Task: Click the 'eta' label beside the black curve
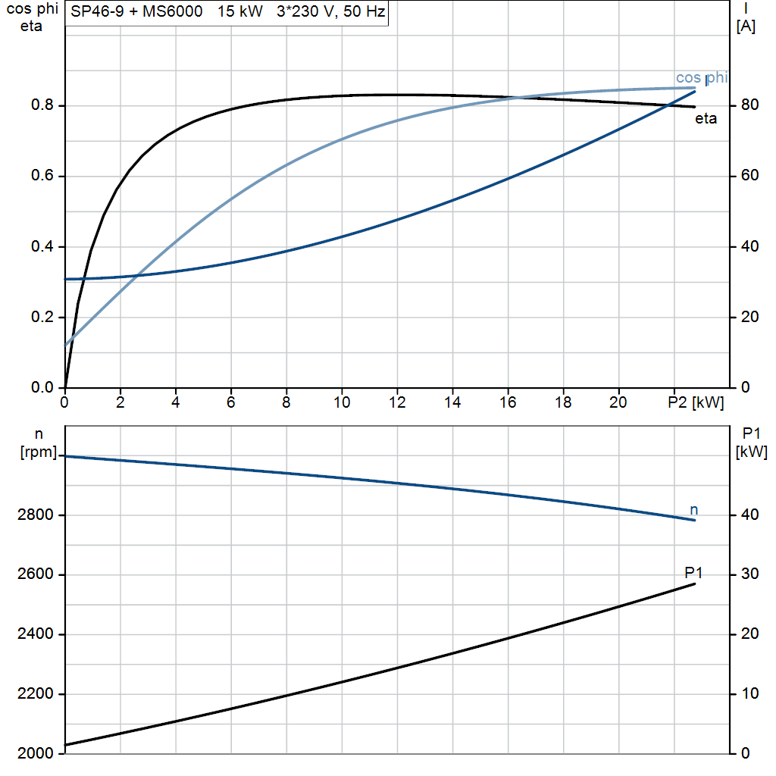point(706,119)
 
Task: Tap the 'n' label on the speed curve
point(693,509)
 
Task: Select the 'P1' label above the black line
point(693,571)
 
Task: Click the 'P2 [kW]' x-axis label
point(696,403)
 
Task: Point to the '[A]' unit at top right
point(746,27)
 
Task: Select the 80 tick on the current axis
point(746,106)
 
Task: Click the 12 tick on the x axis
point(397,403)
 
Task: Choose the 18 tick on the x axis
point(563,403)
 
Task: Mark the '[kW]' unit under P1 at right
point(751,452)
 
